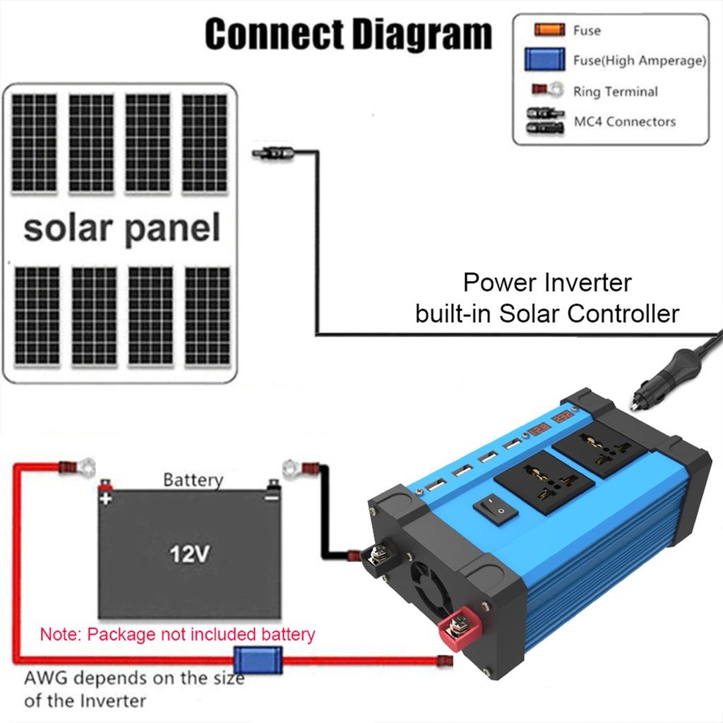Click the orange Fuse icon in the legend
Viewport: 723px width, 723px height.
(549, 29)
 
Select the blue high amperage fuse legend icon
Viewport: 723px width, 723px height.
(544, 59)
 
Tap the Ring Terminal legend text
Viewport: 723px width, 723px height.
(614, 91)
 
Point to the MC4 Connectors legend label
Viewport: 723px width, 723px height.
(624, 121)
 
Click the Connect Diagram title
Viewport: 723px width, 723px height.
(348, 34)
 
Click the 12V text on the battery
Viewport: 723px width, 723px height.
(189, 554)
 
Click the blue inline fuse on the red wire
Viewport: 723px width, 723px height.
(258, 662)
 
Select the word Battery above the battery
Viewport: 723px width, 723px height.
(192, 480)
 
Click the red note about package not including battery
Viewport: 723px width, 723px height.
(177, 633)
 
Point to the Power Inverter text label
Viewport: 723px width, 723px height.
(547, 283)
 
